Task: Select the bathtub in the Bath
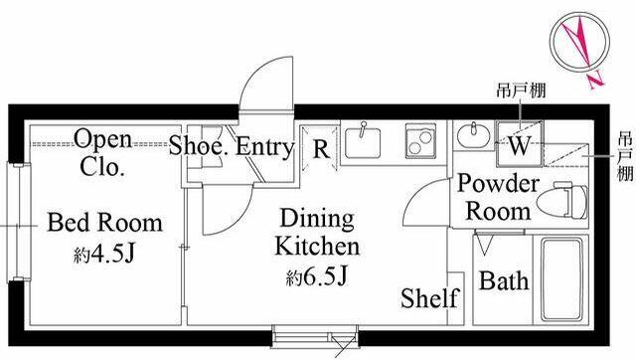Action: pyautogui.click(x=561, y=279)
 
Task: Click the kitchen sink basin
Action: pyautogui.click(x=363, y=142)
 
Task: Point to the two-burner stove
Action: pyautogui.click(x=420, y=140)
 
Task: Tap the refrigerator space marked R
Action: pyautogui.click(x=320, y=148)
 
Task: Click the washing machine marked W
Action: pyautogui.click(x=519, y=143)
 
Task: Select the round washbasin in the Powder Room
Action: pyautogui.click(x=473, y=135)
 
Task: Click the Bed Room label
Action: pyautogui.click(x=104, y=223)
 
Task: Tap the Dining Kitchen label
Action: pyautogui.click(x=317, y=232)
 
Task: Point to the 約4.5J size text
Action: pyautogui.click(x=103, y=254)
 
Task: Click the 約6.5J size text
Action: pyautogui.click(x=317, y=277)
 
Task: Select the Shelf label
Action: pyautogui.click(x=429, y=298)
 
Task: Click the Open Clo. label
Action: pyautogui.click(x=102, y=152)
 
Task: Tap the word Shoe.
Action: pyautogui.click(x=199, y=146)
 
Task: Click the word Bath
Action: pyautogui.click(x=504, y=280)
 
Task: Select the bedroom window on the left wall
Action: pyautogui.click(x=18, y=222)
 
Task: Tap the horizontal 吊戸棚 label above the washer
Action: pyautogui.click(x=521, y=90)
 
